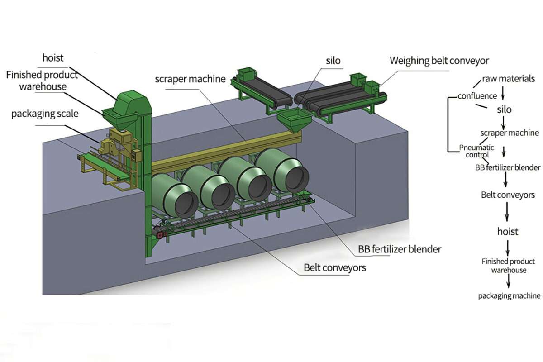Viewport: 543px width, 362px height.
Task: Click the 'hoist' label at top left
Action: pos(53,57)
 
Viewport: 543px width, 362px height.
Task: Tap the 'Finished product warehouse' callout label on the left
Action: pos(42,80)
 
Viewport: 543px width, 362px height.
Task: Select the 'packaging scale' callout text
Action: pos(45,114)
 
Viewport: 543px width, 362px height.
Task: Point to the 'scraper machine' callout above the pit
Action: pos(190,79)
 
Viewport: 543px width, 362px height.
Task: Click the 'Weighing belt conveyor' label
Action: pos(439,60)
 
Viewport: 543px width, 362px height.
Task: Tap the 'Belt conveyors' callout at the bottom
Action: pos(335,267)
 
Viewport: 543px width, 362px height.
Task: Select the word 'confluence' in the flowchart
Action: pos(477,96)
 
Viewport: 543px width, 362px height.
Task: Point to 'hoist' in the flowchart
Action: pos(507,232)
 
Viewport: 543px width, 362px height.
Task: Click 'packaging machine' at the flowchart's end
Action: pos(509,296)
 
